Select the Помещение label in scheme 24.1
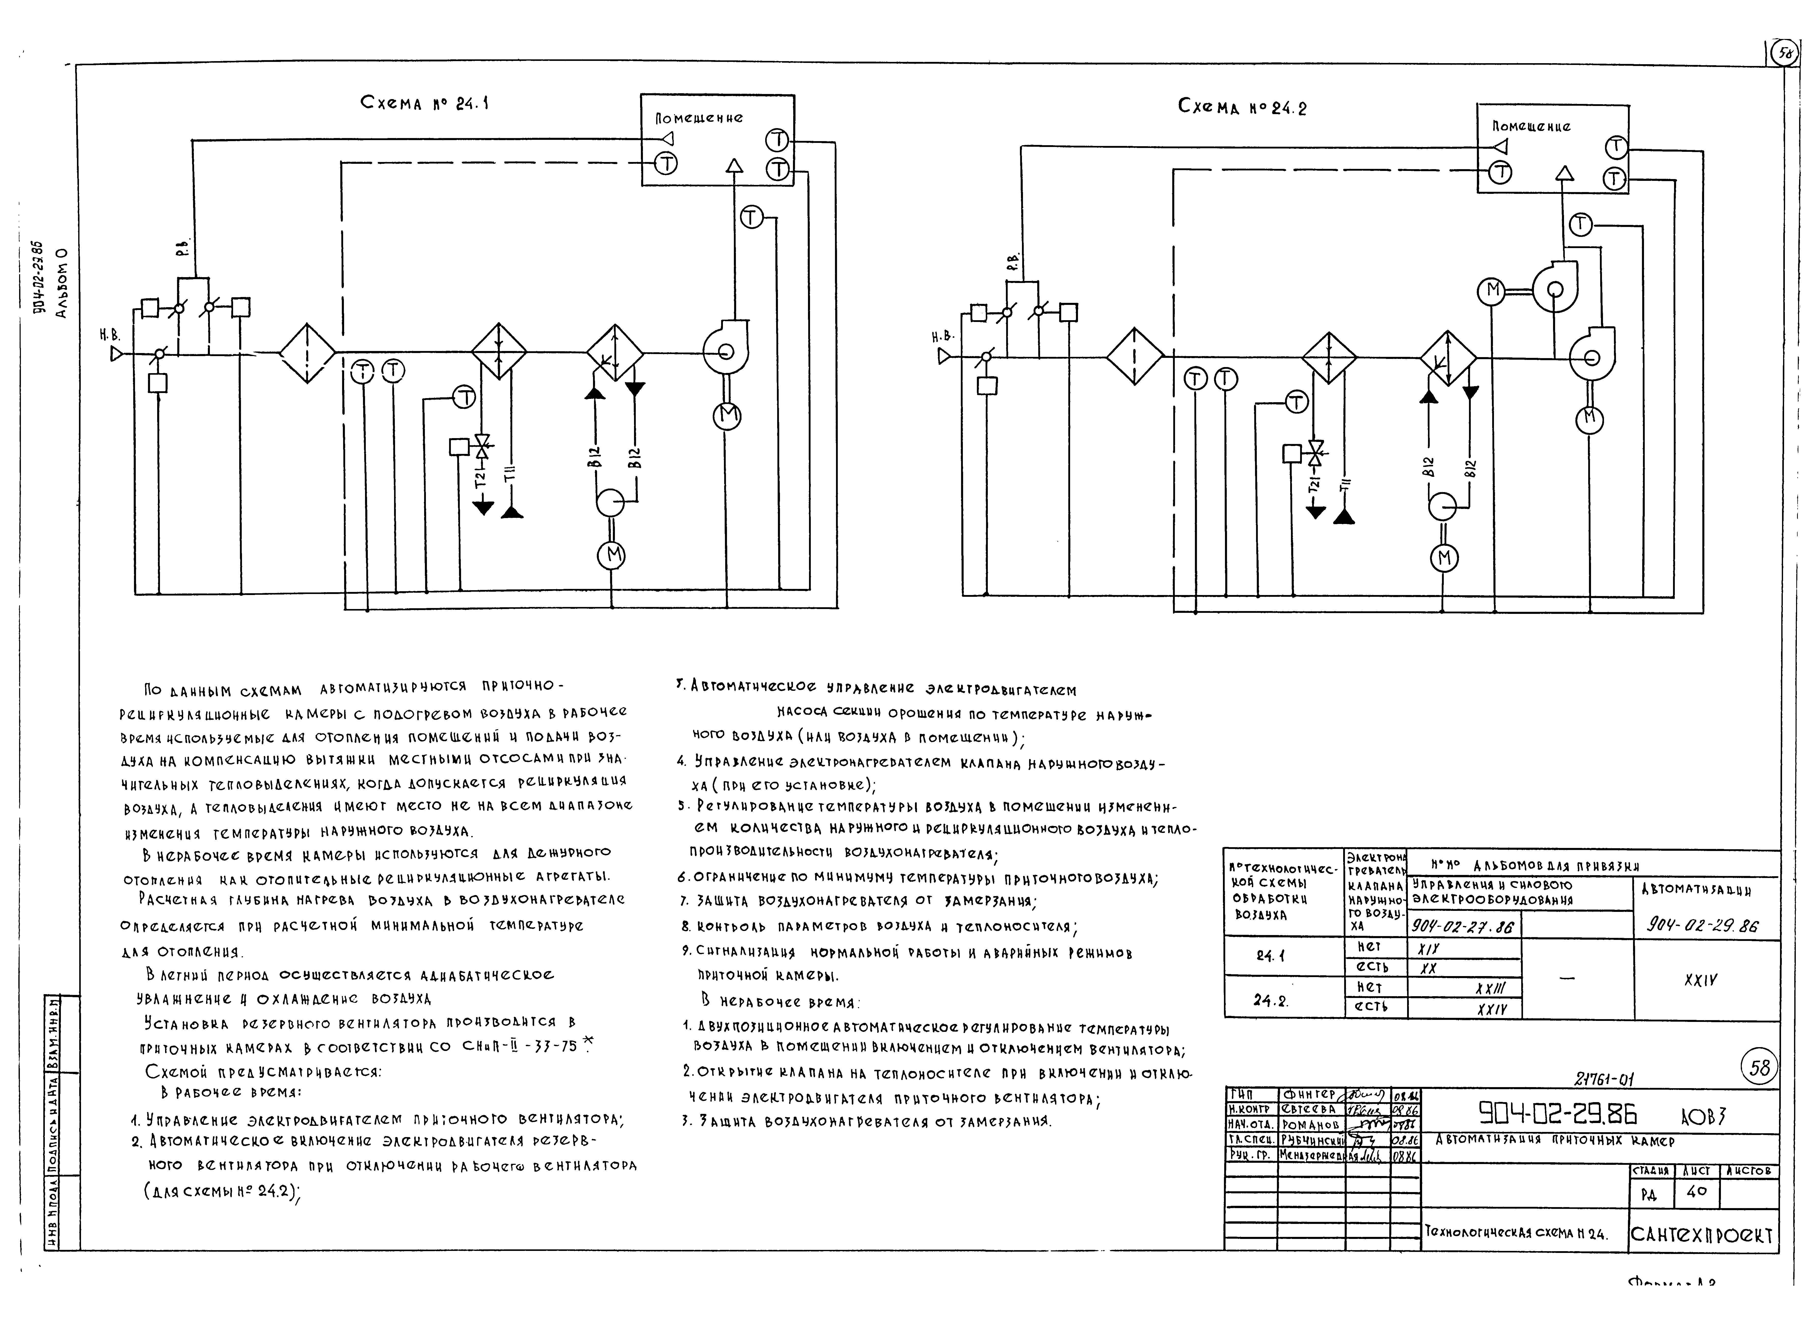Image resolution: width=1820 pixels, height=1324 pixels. [699, 118]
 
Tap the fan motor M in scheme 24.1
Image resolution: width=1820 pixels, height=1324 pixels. [727, 415]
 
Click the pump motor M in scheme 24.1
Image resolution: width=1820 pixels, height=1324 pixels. [612, 555]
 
